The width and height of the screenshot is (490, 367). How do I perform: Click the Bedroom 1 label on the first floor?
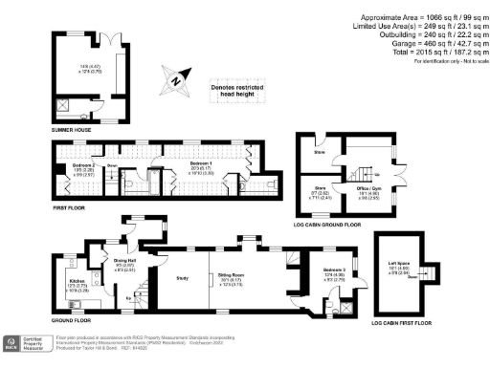tap(188, 164)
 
